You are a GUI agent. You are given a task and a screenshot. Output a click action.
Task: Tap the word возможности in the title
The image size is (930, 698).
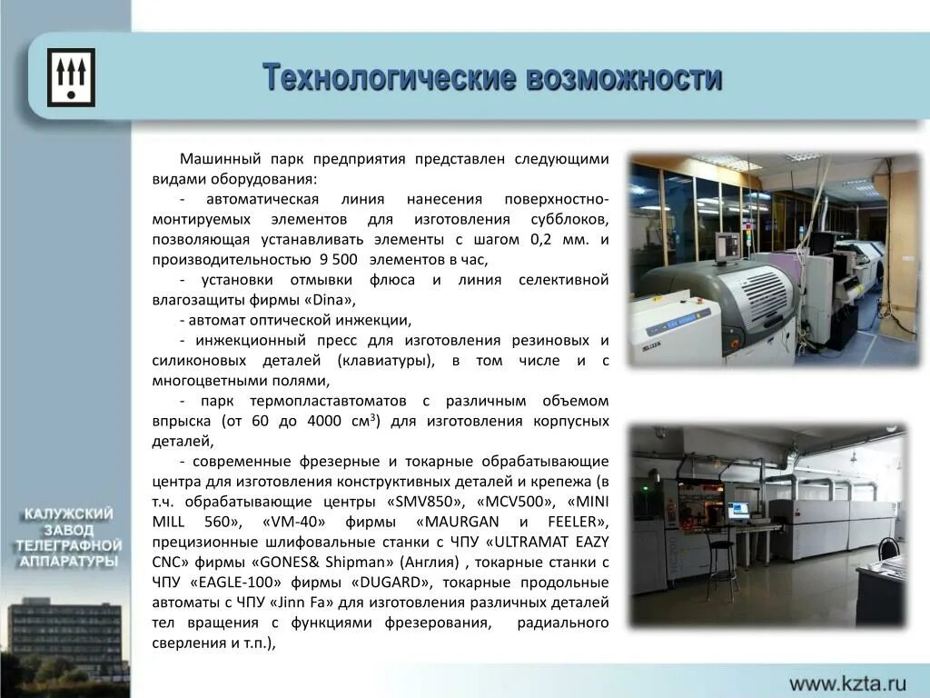624,78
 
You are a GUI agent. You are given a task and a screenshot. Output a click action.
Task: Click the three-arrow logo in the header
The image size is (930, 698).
71,77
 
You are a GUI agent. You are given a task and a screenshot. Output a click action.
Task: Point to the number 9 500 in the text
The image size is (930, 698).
338,260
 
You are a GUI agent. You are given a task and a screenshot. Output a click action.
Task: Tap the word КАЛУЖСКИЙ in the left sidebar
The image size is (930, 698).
69,514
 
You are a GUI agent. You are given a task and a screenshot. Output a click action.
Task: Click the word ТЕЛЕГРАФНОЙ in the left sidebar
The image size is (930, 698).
69,545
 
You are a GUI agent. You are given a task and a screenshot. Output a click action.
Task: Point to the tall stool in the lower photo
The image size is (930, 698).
722,563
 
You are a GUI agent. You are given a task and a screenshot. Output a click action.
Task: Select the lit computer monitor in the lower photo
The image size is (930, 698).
737,510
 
